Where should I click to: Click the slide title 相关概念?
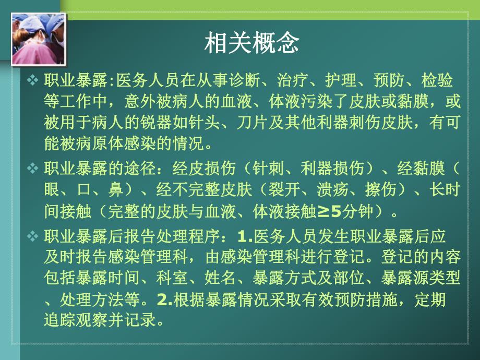point(251,43)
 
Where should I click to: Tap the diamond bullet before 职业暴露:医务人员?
point(32,80)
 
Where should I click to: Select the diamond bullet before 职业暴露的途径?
point(32,169)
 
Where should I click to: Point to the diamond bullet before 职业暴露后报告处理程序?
point(32,236)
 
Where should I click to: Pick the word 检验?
point(437,81)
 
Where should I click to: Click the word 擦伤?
point(378,189)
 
